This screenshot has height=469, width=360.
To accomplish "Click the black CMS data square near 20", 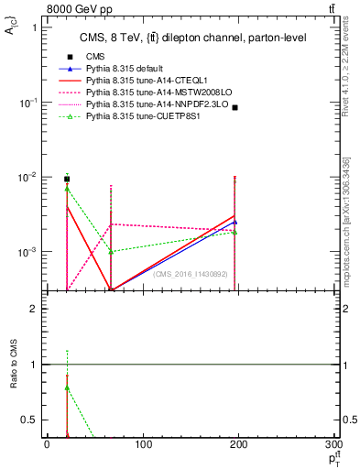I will pos(66,179).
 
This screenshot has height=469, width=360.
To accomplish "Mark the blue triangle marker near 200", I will pos(235,222).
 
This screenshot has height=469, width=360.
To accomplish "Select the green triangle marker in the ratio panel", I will pos(67,387).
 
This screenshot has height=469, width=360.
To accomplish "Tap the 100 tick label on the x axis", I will pos(143,445).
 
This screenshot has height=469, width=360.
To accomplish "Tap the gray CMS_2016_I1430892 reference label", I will pos(191,274).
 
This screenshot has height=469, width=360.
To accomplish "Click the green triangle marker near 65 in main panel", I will pos(111,251).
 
